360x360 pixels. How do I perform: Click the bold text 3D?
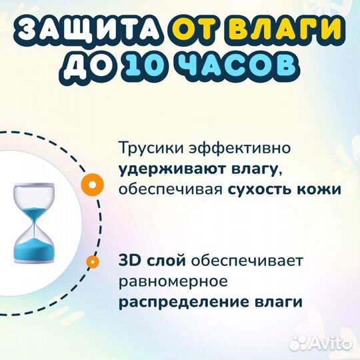131,261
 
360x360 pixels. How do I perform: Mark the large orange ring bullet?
95,181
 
